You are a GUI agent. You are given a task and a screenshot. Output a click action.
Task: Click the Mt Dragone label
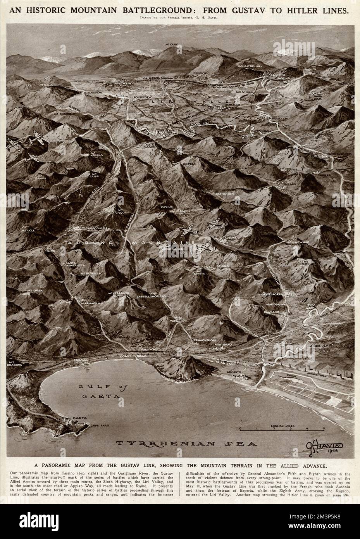click(14, 363)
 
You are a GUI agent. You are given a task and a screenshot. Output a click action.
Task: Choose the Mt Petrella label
click(91, 273)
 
